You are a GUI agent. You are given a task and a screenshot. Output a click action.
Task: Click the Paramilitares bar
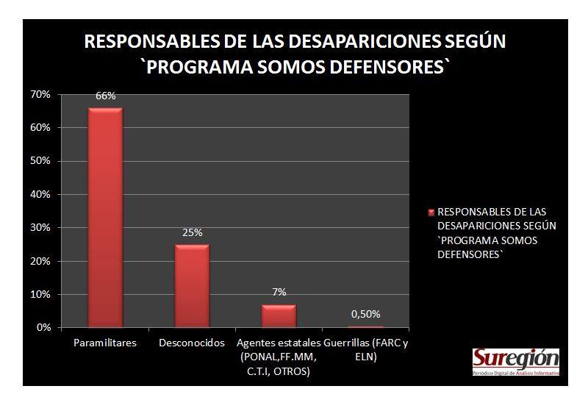pos(105,218)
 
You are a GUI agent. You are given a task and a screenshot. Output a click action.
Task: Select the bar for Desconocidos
pos(192,286)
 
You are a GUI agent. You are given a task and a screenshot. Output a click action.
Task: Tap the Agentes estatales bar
pos(279,316)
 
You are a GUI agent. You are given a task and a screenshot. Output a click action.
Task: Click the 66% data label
pos(106,96)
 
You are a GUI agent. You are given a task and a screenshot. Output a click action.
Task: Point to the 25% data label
pos(192,232)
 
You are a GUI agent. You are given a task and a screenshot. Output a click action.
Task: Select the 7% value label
pos(279,292)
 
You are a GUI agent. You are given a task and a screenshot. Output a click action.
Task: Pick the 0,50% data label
pos(365,314)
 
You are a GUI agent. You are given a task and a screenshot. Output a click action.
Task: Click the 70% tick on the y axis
pos(40,94)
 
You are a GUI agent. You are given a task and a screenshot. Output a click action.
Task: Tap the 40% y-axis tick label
pos(40,194)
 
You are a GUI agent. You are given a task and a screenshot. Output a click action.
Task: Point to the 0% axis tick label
pos(43,327)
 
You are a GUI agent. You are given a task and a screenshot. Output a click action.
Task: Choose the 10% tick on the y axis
pos(40,294)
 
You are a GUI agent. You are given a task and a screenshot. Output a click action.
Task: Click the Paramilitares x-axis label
pos(105,343)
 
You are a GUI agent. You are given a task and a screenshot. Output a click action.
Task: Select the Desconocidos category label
pos(192,343)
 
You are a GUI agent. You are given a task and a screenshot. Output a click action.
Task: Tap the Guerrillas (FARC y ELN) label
pos(365,349)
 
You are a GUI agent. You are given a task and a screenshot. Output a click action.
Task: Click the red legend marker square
pos(431,212)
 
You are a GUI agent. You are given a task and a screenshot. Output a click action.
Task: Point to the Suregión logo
pos(515,362)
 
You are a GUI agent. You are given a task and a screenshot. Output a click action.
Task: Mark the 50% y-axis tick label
pos(40,161)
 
